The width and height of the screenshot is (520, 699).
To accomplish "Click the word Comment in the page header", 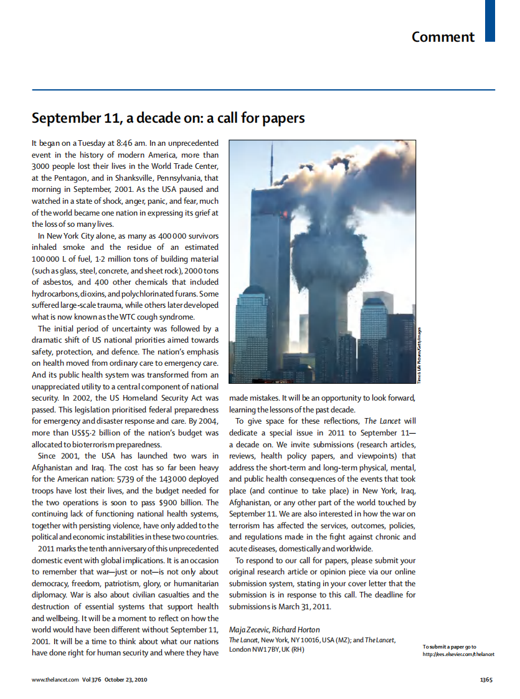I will (443, 37).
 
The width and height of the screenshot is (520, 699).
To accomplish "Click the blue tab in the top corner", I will (489, 21).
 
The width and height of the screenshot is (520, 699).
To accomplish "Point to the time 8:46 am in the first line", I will (131, 143).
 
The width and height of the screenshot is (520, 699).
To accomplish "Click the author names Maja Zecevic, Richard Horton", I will (275, 630).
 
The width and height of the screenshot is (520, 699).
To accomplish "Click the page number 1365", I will (486, 680).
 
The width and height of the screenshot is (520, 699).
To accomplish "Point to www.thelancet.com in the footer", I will (55, 680).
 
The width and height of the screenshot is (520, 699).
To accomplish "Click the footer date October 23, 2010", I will (126, 680).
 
